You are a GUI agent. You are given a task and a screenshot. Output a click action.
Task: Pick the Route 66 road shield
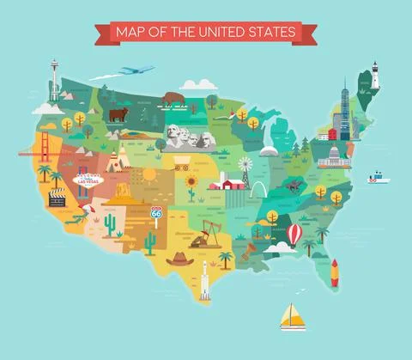coord(156,212)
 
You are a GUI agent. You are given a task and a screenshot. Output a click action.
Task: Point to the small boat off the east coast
coord(377,179)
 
